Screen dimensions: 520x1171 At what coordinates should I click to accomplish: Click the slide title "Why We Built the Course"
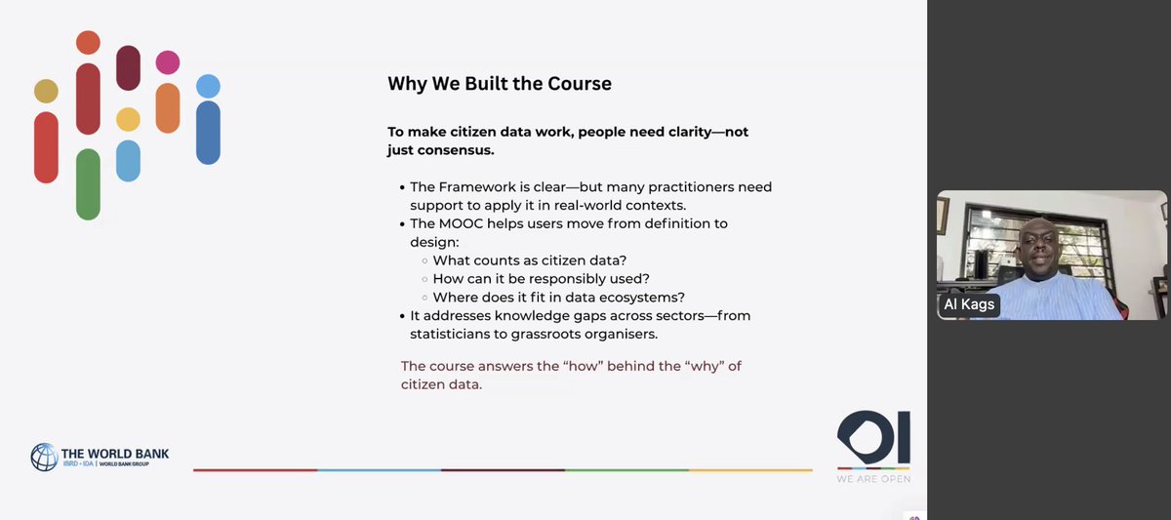(500, 84)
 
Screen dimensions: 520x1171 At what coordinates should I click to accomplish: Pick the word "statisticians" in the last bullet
(456, 334)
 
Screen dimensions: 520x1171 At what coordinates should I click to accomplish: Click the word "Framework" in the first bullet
(485, 187)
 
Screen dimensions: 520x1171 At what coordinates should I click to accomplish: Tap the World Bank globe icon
(44, 457)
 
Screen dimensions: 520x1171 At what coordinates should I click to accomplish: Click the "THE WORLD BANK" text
(115, 452)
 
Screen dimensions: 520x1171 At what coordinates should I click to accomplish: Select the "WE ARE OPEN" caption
(873, 478)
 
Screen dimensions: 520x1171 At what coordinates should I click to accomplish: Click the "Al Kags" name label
(969, 304)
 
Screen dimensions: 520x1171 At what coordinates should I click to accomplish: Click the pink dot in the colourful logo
(168, 62)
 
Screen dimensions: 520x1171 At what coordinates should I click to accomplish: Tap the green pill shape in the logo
(88, 183)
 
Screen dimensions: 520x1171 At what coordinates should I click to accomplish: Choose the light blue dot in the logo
(208, 86)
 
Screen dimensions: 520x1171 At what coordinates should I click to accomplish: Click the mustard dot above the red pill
(46, 92)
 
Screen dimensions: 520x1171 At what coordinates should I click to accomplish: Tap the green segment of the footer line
(626, 470)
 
